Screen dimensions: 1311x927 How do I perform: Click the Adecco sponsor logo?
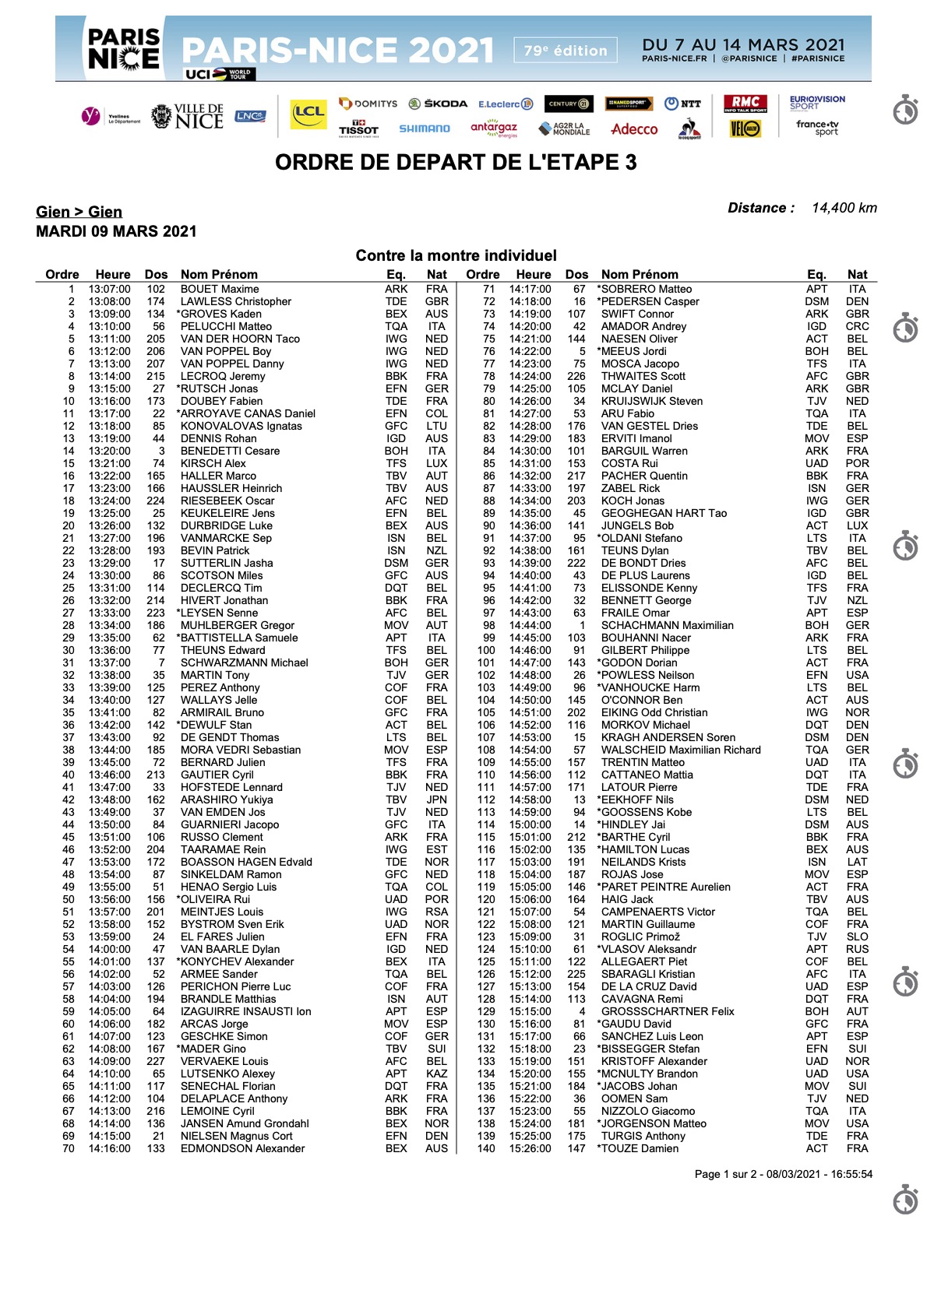tap(634, 129)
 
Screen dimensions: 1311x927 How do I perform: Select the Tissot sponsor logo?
tap(358, 128)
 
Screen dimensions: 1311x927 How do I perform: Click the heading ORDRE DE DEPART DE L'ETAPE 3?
tap(456, 162)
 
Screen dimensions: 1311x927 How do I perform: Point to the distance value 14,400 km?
tap(844, 208)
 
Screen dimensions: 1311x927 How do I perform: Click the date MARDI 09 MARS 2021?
tap(116, 231)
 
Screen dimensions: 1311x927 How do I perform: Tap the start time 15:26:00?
tap(530, 1148)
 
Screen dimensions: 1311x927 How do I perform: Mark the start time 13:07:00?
tap(109, 289)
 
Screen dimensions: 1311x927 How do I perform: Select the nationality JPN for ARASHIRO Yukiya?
tap(436, 800)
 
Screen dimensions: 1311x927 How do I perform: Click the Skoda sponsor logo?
tap(438, 104)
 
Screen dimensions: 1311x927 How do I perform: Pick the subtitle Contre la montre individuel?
tap(456, 255)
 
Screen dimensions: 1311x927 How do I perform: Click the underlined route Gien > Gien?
tap(79, 212)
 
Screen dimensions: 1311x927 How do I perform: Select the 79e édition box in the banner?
tap(565, 51)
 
